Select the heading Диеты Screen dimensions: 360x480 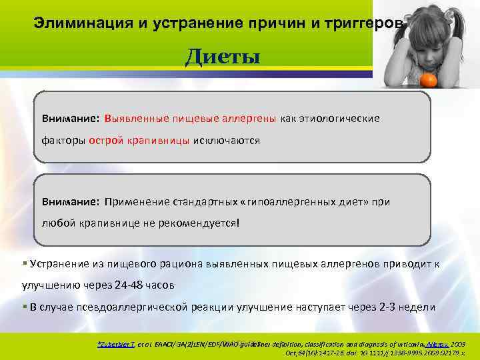[222, 57]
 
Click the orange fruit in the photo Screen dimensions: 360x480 [428, 80]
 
